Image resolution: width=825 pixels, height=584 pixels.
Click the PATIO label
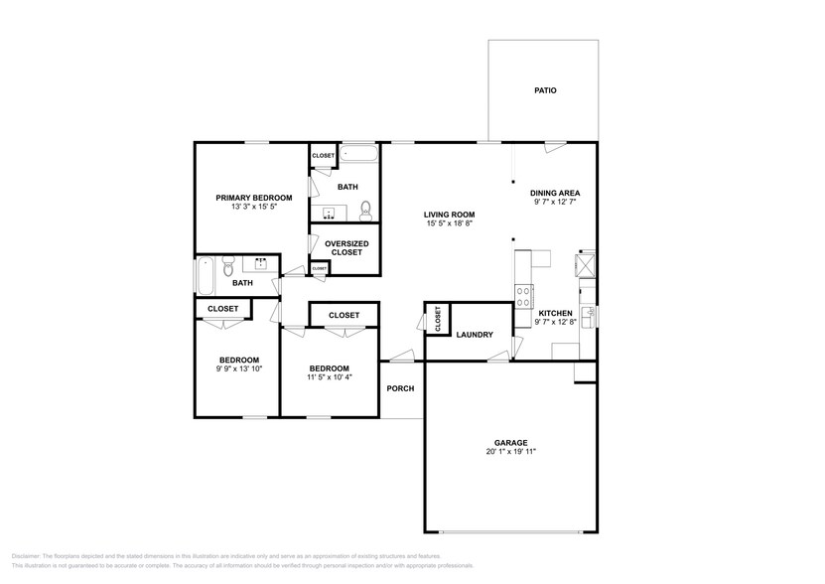pos(545,90)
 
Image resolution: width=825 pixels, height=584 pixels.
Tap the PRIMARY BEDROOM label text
pos(254,198)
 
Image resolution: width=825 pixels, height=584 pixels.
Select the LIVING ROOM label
pos(449,215)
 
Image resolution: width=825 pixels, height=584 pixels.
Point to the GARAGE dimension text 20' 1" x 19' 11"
pos(511,452)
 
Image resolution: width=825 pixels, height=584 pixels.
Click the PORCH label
pos(400,388)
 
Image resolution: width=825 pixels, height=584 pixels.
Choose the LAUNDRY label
pos(475,335)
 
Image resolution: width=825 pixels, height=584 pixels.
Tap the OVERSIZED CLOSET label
pos(346,248)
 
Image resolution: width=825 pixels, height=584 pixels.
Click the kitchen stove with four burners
pos(523,295)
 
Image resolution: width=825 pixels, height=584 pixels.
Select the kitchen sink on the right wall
pos(588,316)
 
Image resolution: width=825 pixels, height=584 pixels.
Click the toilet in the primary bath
pos(365,210)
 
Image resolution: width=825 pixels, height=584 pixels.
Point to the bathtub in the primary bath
pos(358,154)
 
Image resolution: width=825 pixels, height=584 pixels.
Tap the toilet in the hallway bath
pos(227,266)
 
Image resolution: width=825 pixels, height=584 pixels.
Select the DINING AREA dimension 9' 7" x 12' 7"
pos(554,202)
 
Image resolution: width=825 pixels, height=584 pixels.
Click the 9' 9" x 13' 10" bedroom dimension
pos(239,368)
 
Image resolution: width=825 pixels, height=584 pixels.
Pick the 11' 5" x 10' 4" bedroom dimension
pos(329,376)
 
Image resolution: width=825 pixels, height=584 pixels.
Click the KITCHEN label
pos(554,313)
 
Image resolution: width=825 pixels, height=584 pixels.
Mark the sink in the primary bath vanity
pos(330,213)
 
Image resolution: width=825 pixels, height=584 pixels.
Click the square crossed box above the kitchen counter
pos(584,264)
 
